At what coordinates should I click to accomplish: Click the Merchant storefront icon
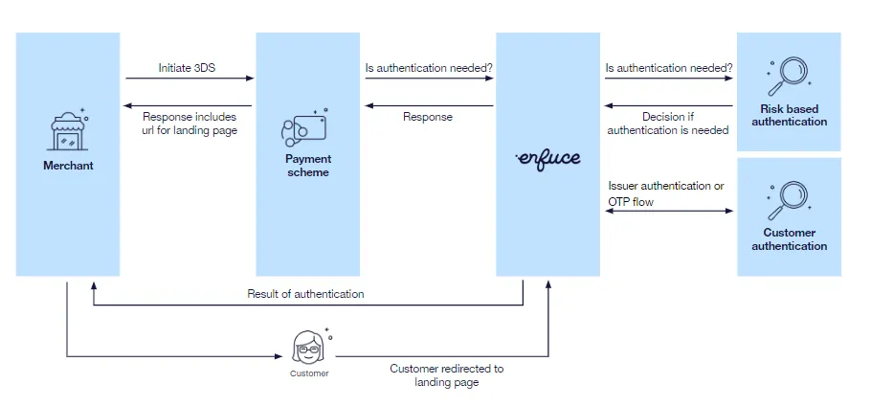pos(67,131)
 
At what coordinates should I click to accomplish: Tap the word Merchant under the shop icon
pos(68,166)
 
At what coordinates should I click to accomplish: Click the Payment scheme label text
pos(307,166)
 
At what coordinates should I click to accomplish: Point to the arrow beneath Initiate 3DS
pos(190,79)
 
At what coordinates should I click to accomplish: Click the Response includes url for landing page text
pos(190,124)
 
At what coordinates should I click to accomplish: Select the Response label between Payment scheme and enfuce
pos(427,117)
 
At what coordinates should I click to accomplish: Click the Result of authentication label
pos(305,294)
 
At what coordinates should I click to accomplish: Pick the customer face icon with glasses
pos(310,346)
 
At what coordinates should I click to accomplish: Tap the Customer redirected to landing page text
pos(446,374)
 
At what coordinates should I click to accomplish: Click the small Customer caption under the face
pos(309,373)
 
